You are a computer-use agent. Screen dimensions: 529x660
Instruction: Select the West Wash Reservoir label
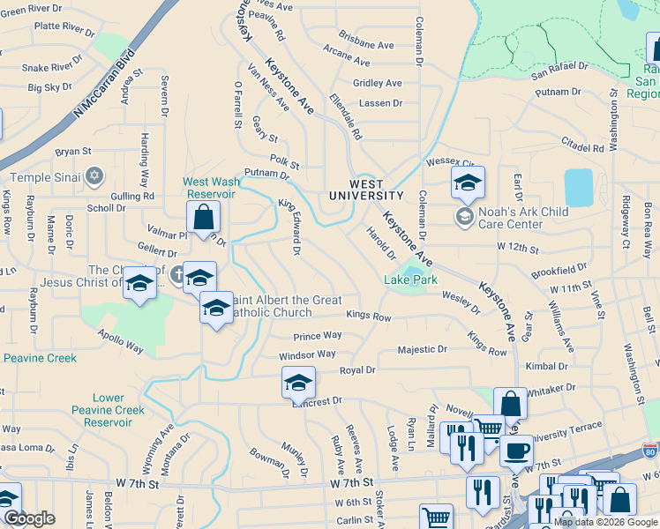tap(209, 188)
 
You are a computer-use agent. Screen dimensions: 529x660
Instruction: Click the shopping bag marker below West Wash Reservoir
tap(203, 216)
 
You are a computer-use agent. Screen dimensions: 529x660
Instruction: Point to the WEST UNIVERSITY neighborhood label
tap(366, 190)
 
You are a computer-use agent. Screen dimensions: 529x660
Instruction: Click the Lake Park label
tap(410, 279)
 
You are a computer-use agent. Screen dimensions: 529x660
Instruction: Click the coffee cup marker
tap(516, 451)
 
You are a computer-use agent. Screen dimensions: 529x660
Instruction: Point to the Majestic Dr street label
tap(422, 349)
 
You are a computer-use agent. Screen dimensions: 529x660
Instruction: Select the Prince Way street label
tap(318, 336)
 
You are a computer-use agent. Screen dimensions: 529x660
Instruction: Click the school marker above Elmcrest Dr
tap(299, 382)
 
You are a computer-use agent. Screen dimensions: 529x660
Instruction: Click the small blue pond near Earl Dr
tap(579, 187)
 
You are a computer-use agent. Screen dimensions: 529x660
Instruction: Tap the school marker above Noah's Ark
tap(468, 183)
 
